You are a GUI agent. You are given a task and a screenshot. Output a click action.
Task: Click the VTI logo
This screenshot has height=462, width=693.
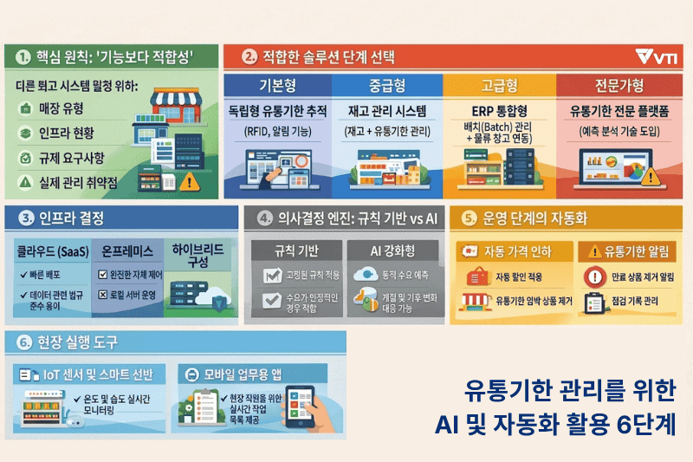[656, 57]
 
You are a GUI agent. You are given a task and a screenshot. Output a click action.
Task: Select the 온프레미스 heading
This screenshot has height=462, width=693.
[127, 251]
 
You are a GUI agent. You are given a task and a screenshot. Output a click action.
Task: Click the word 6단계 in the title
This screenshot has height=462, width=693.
[641, 427]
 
